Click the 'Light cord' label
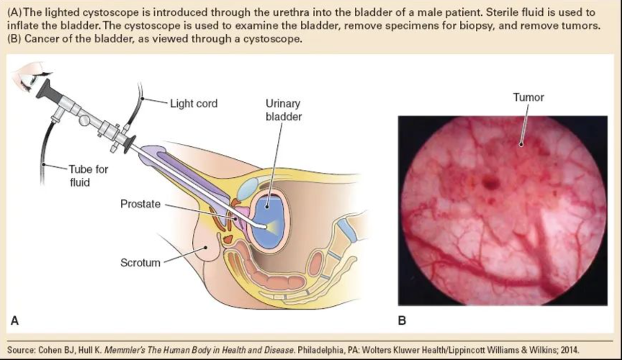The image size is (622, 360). [194, 104]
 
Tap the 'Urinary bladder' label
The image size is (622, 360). [284, 110]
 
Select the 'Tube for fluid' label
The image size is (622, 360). [88, 176]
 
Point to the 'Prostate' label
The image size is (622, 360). [140, 204]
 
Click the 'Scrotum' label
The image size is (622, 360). [140, 263]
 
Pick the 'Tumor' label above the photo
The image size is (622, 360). [528, 97]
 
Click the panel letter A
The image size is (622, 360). [14, 320]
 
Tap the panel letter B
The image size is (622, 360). [402, 320]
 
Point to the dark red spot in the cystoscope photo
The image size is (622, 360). [490, 183]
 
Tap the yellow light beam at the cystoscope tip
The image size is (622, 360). [271, 227]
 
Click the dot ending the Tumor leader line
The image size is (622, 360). [521, 145]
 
